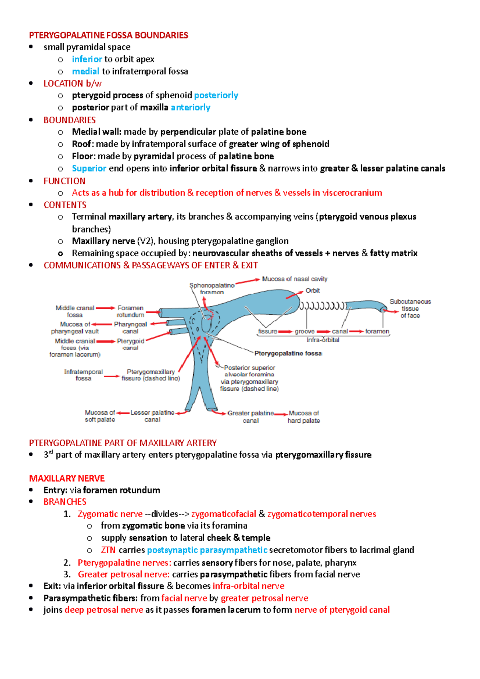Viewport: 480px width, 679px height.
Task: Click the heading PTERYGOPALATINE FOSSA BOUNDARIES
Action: point(108,35)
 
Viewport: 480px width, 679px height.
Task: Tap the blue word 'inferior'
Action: point(87,59)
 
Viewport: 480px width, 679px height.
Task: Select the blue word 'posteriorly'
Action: point(216,95)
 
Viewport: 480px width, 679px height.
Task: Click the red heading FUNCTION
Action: point(64,181)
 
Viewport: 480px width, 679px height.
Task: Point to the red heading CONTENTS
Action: point(65,205)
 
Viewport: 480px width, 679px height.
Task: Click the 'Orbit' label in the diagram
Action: point(312,291)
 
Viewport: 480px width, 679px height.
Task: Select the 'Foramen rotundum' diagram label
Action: point(130,311)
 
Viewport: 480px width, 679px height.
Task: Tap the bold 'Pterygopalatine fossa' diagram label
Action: point(288,353)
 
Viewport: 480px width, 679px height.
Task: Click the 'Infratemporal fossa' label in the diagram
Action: point(83,375)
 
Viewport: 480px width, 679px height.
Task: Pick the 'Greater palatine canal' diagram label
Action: point(251,416)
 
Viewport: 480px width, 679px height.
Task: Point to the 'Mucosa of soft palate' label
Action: point(100,416)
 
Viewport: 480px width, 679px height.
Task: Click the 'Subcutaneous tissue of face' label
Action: point(410,308)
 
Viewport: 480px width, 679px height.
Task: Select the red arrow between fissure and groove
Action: point(286,332)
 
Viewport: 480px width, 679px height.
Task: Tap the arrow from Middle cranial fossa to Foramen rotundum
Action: point(105,308)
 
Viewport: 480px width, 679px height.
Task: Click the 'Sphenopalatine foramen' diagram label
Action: point(212,288)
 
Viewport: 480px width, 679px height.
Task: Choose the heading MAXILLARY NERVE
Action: point(67,478)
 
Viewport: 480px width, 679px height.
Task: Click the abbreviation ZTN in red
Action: point(108,550)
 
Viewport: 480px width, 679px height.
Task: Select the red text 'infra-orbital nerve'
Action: point(248,586)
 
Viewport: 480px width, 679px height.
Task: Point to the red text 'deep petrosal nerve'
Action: point(104,610)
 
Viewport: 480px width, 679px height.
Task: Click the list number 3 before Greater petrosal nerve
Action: point(67,574)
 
